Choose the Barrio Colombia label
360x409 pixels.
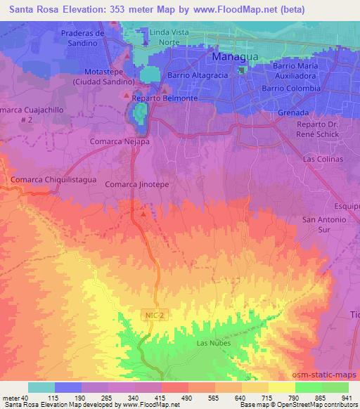coord(290,89)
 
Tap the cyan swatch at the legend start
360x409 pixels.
coord(41,387)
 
